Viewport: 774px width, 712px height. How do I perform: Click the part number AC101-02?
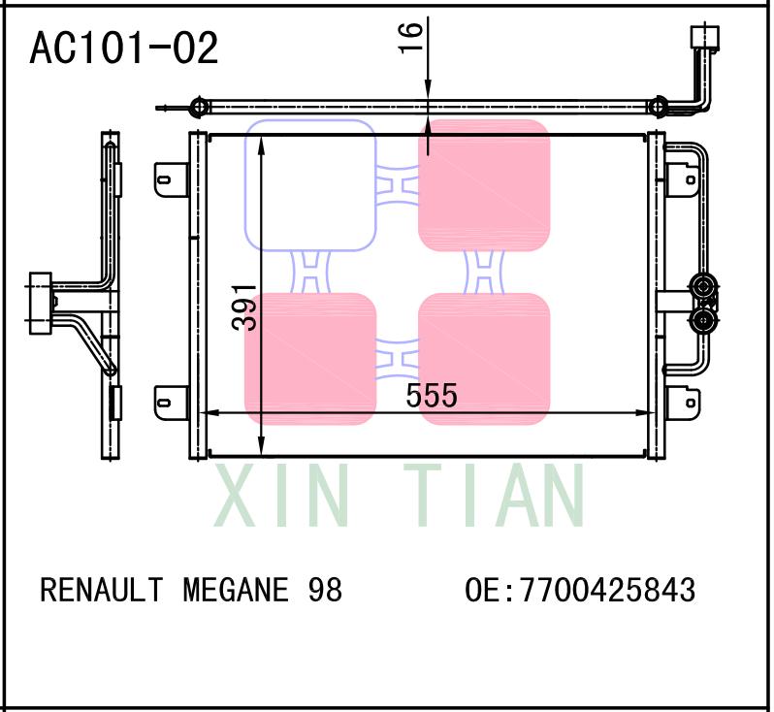tap(124, 49)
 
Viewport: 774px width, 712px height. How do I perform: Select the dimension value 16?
tap(412, 37)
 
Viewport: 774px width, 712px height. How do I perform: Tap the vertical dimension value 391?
tap(247, 307)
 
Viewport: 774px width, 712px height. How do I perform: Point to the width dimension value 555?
tap(431, 395)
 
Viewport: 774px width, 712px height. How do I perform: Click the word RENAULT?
tap(101, 589)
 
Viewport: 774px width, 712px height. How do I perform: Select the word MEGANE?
tap(235, 589)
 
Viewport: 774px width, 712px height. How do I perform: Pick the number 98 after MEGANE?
tap(324, 589)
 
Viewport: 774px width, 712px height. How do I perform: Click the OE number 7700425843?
tap(608, 589)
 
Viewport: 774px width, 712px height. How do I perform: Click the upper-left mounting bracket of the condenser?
tap(170, 178)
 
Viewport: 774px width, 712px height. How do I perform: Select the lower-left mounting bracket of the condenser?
tap(170, 399)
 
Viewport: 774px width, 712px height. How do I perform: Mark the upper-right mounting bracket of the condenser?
tap(681, 178)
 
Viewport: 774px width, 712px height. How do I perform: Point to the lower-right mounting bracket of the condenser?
tap(681, 399)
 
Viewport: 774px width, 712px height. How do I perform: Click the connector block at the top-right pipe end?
tap(704, 37)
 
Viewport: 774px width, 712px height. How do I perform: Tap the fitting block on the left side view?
tap(40, 304)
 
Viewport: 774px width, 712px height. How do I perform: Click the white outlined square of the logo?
tap(309, 184)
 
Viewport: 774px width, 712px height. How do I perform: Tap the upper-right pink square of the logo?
tap(484, 184)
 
